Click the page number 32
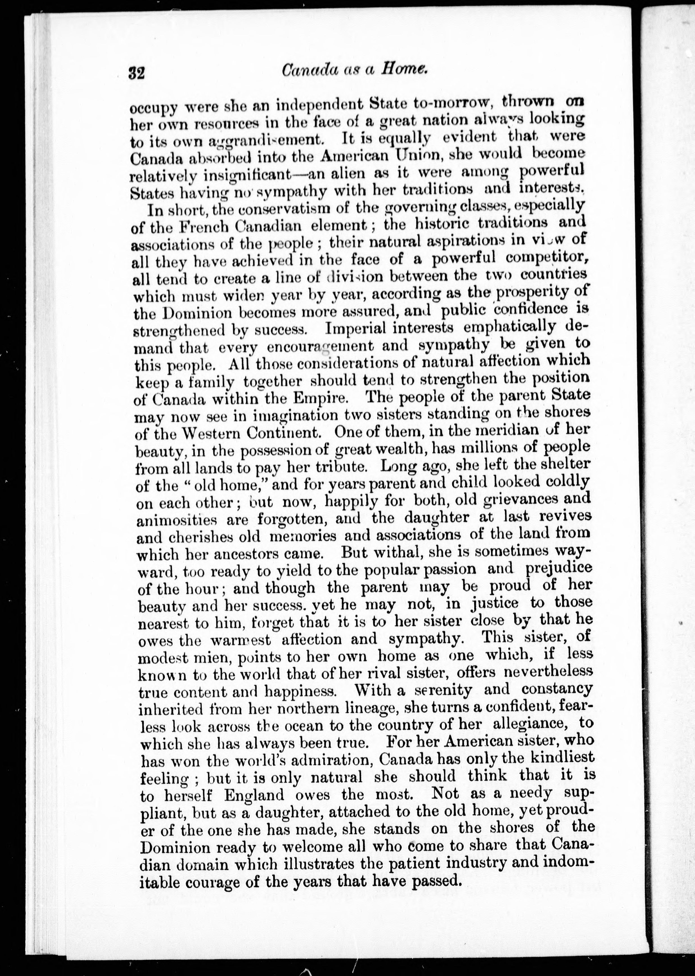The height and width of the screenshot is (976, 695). pos(137,73)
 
